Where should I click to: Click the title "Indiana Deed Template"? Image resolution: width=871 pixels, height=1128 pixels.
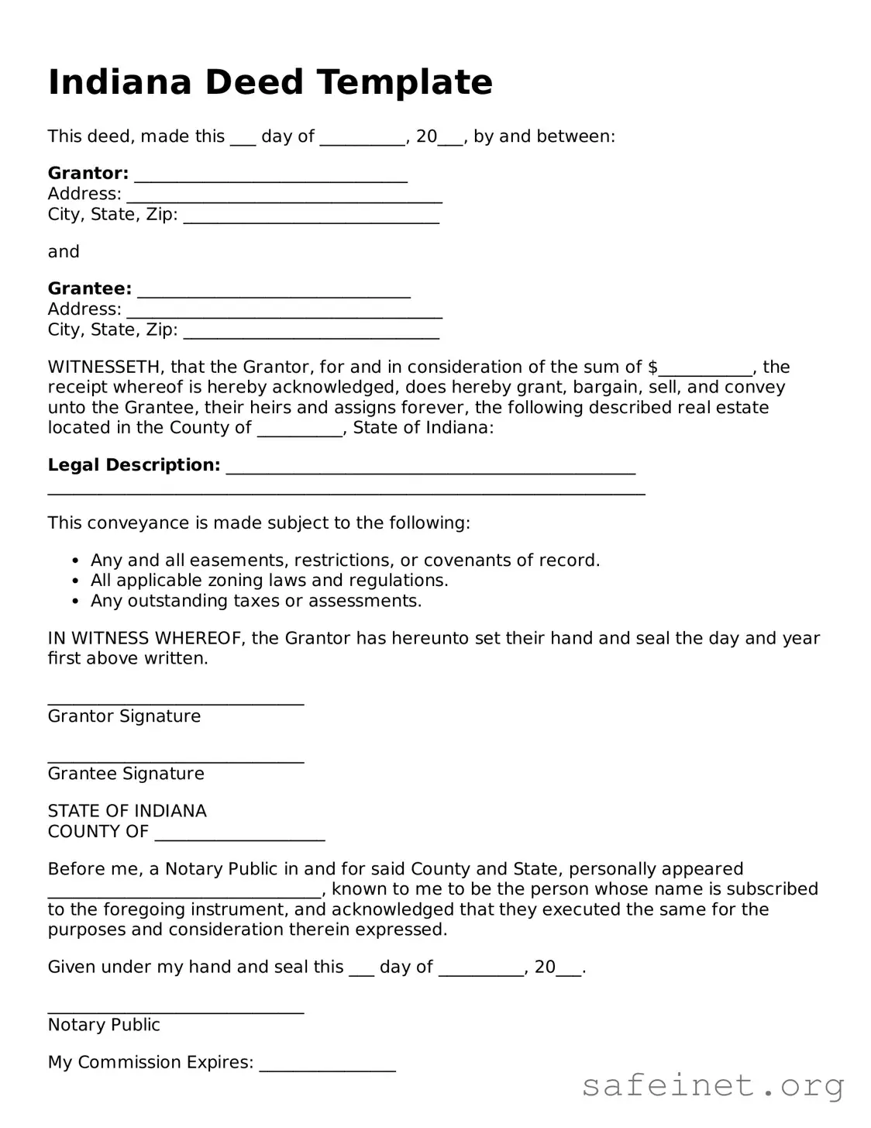pos(270,82)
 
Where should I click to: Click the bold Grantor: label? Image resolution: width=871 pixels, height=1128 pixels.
pos(88,173)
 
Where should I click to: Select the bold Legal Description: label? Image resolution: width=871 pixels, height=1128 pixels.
pos(134,465)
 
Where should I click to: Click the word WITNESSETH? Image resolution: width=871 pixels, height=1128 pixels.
pos(105,367)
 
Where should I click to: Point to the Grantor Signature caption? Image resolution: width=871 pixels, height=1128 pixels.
pos(124,716)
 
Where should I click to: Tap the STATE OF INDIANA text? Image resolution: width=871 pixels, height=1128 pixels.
pos(127,811)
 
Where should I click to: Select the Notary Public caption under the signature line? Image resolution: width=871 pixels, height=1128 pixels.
pos(104,1025)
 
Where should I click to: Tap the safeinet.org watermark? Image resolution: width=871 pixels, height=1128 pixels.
pos(712,1085)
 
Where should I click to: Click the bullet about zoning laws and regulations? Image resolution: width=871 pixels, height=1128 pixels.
pos(269,581)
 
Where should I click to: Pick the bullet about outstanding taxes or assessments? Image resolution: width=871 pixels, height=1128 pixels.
pos(256,601)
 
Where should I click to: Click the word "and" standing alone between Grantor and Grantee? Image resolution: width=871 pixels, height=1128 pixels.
pos(64,252)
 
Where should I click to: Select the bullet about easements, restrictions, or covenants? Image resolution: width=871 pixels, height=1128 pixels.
pos(345,561)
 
